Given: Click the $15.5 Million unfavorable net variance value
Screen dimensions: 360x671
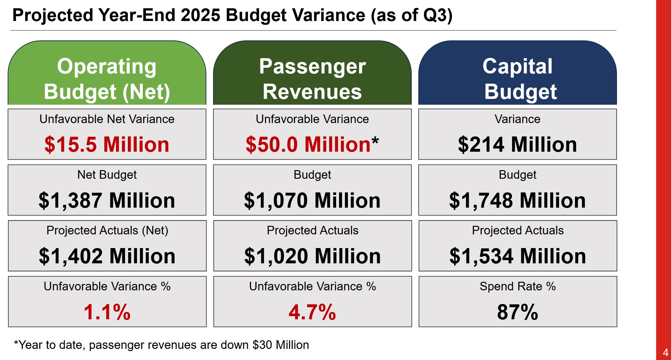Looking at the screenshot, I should pyautogui.click(x=107, y=144).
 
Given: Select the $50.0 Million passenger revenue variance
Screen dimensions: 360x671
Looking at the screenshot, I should pyautogui.click(x=308, y=144).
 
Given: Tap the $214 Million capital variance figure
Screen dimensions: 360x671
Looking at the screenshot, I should pyautogui.click(x=517, y=144).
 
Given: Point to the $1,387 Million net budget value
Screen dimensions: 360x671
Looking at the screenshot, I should pyautogui.click(x=107, y=200).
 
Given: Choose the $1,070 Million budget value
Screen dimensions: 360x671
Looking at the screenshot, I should pyautogui.click(x=312, y=200).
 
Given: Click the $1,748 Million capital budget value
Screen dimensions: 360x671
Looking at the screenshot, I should pyautogui.click(x=517, y=200).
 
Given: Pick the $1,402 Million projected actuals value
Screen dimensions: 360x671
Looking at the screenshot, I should pyautogui.click(x=107, y=256).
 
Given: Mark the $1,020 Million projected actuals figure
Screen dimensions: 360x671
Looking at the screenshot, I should pyautogui.click(x=313, y=256).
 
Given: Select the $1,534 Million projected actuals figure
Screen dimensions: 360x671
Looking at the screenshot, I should pyautogui.click(x=518, y=256).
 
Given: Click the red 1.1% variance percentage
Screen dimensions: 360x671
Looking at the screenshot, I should pyautogui.click(x=107, y=312).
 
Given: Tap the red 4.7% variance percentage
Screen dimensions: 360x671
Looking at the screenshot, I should pyautogui.click(x=312, y=312).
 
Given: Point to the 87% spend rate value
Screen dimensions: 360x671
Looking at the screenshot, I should pyautogui.click(x=518, y=312).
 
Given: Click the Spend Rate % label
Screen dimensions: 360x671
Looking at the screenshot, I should pyautogui.click(x=518, y=286).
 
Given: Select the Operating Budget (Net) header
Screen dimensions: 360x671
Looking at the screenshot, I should pyautogui.click(x=107, y=79).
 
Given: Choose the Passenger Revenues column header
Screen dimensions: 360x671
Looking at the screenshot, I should pyautogui.click(x=312, y=79).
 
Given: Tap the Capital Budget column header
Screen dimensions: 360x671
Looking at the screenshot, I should pyautogui.click(x=518, y=79).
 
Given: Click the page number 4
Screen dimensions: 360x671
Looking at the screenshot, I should pyautogui.click(x=665, y=352).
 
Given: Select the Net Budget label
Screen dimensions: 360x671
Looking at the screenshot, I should pyautogui.click(x=107, y=175).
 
